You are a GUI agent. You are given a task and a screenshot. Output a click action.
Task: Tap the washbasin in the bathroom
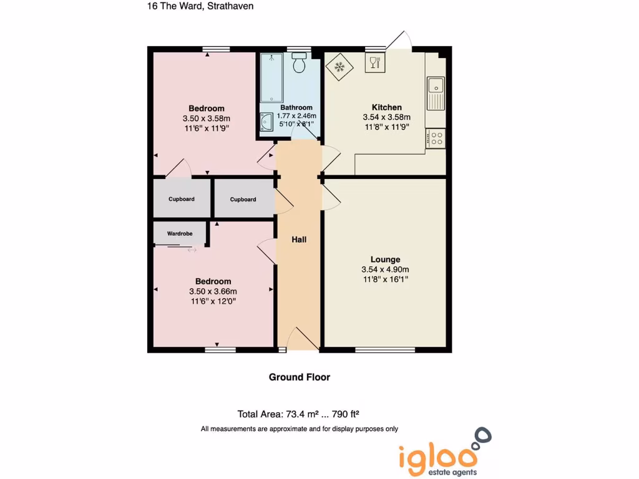[266, 122]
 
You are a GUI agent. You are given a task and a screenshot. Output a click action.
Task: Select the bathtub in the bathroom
[271, 78]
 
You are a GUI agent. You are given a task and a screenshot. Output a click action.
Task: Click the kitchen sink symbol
[435, 92]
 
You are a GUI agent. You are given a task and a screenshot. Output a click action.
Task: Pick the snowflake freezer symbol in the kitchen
[340, 66]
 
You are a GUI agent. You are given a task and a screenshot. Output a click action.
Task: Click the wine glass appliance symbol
[375, 62]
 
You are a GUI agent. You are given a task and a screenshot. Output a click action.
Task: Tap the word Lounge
[385, 259]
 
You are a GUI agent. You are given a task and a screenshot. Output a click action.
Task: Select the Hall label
[299, 239]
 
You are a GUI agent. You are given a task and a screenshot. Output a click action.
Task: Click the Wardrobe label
[180, 234]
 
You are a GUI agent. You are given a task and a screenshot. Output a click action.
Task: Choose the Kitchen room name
[387, 107]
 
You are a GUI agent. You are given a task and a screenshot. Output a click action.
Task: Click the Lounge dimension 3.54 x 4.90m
[385, 269]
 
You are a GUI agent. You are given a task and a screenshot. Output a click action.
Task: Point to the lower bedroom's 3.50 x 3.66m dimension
[213, 291]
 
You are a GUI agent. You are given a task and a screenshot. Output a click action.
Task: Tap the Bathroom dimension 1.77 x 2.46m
[296, 116]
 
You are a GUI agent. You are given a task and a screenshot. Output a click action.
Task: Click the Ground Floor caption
[300, 377]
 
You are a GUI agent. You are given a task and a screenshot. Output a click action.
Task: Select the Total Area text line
[299, 414]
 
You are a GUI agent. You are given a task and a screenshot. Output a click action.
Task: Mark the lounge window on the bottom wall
[385, 350]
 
